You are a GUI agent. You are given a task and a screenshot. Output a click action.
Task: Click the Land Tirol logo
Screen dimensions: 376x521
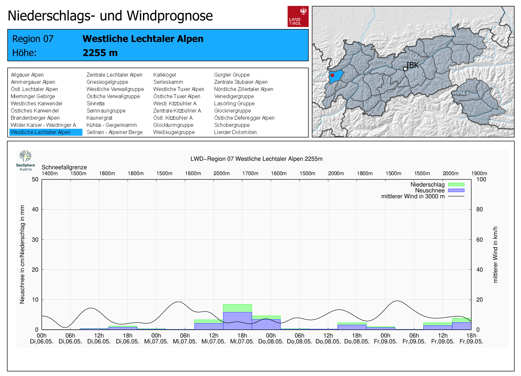[298, 16]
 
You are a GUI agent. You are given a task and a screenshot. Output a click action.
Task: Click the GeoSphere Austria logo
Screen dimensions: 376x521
[26, 160]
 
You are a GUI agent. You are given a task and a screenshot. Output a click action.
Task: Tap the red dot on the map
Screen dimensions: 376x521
[332, 75]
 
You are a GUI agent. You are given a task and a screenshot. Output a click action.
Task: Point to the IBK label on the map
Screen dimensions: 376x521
[413, 65]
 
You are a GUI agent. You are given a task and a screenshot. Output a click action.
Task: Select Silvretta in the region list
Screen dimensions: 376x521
[95, 103]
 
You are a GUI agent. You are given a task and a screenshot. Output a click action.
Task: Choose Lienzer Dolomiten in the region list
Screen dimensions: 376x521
[235, 132]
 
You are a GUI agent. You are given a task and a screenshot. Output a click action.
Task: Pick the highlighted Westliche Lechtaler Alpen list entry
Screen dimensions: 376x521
[40, 132]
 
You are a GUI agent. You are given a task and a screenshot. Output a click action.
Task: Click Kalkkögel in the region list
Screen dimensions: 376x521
[164, 75]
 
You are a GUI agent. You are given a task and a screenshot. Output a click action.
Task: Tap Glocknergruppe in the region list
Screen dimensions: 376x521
[232, 111]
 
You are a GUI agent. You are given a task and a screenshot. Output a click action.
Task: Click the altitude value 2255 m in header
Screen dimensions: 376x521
[100, 53]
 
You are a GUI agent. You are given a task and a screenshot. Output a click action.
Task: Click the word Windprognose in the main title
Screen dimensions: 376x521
[170, 16]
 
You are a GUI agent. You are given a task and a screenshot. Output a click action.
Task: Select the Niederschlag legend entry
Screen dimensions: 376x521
[428, 185]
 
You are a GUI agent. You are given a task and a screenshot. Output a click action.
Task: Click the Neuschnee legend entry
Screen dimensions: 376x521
[430, 190]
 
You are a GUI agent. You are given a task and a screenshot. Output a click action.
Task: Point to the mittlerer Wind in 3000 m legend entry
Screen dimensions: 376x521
[413, 196]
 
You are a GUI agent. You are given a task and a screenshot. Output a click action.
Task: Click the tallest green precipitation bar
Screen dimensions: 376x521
[237, 308]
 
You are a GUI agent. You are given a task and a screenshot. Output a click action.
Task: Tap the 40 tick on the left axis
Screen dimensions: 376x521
[35, 209]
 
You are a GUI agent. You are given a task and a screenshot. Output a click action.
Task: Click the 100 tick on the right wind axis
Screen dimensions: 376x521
[481, 179]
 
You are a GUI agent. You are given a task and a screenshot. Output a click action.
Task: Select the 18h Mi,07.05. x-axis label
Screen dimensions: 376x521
[242, 338]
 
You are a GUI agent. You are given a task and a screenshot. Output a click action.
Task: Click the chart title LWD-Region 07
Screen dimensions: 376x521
[256, 159]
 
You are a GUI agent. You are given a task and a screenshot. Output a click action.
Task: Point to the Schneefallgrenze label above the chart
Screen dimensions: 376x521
[64, 167]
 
